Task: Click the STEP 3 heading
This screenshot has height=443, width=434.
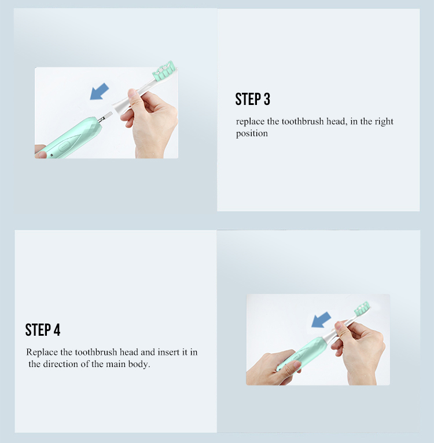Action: [x=253, y=99]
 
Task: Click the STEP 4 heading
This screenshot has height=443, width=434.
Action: [x=43, y=330]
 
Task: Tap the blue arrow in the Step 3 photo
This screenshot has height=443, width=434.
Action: [x=99, y=91]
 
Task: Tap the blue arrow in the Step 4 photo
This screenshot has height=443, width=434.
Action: [x=321, y=320]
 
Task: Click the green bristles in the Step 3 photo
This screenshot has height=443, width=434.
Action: [x=164, y=70]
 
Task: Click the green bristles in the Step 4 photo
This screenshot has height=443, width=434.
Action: [x=362, y=308]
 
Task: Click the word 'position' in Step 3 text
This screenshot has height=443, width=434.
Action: [x=252, y=133]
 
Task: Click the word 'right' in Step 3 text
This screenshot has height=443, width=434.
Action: [x=384, y=122]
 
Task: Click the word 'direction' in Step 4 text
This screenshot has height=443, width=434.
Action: [x=60, y=364]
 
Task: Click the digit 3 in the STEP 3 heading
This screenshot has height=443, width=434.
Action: [x=267, y=99]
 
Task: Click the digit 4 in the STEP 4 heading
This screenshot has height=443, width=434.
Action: [x=57, y=330]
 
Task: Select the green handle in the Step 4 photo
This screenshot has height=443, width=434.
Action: [x=301, y=353]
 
